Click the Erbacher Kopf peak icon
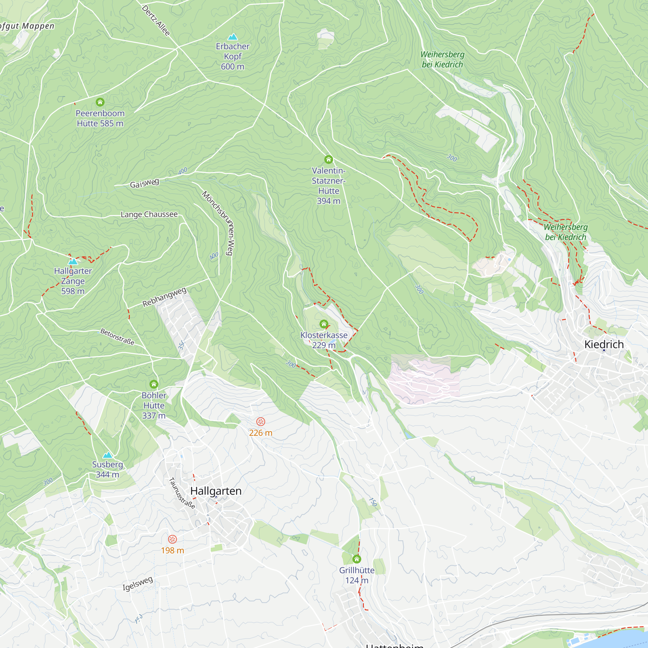pos(232,37)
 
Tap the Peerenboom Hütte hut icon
pos(100,102)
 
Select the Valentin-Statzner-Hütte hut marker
pos(328,159)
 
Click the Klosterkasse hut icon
pos(324,324)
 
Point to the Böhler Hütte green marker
pos(154,384)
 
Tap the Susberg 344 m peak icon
pos(107,455)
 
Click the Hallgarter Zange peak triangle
pos(73,261)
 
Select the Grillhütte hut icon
pos(356,559)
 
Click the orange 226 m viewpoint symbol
pos(260,422)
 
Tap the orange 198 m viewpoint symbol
pos(172,539)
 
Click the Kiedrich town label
pos(604,344)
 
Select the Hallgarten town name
pos(216,491)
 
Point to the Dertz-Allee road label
pos(156,20)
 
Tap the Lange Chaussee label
pos(149,214)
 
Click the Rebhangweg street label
pos(164,297)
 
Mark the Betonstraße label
pos(117,337)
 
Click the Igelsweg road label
pos(137,584)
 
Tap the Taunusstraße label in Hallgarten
pos(182,493)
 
